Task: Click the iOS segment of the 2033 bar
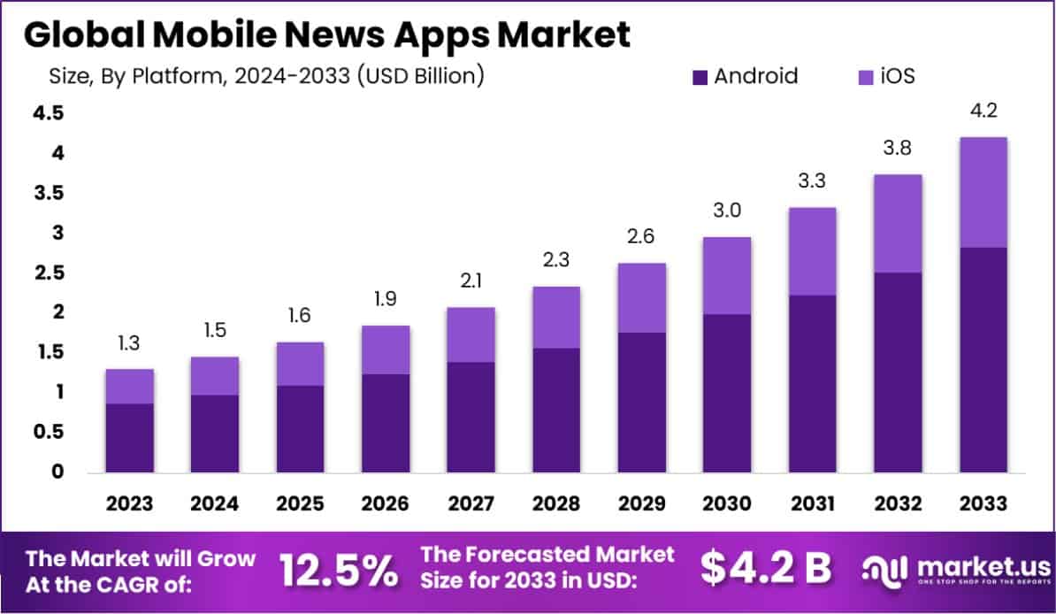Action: pyautogui.click(x=983, y=192)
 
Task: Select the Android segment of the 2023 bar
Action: pyautogui.click(x=129, y=437)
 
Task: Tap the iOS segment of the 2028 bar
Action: pyautogui.click(x=555, y=317)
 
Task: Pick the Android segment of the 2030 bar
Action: pyautogui.click(x=727, y=392)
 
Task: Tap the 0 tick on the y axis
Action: pyautogui.click(x=57, y=472)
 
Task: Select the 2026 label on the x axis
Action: pyautogui.click(x=385, y=503)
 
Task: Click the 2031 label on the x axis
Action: pyautogui.click(x=812, y=503)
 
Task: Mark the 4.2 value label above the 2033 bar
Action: pyautogui.click(x=983, y=111)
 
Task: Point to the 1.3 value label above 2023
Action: pyautogui.click(x=129, y=342)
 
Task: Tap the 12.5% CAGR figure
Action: pyautogui.click(x=339, y=572)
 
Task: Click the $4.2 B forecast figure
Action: pyautogui.click(x=766, y=570)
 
